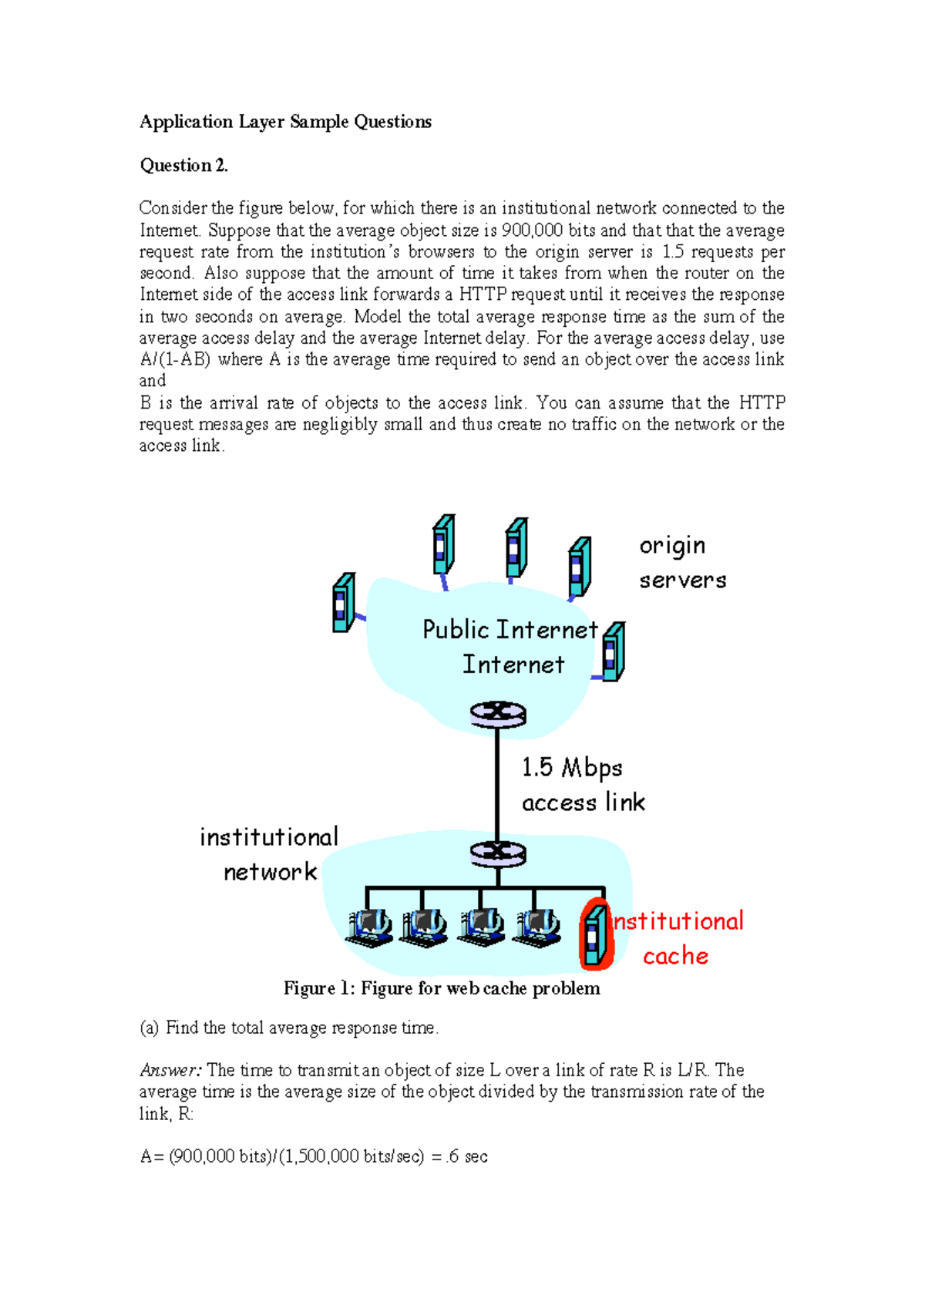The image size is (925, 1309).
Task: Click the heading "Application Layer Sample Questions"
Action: [x=285, y=122]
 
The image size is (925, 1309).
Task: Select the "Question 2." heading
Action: [x=183, y=165]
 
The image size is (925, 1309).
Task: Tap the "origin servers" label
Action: [x=682, y=562]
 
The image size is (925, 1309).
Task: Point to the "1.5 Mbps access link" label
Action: [x=583, y=785]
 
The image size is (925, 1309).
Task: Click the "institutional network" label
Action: [x=269, y=854]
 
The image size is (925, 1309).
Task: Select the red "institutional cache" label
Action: [x=677, y=938]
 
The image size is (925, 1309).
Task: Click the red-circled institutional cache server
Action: [x=594, y=934]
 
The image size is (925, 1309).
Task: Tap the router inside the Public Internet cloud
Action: [x=498, y=714]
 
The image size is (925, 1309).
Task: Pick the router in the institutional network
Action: [x=498, y=853]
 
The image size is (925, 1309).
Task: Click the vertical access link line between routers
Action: [x=497, y=782]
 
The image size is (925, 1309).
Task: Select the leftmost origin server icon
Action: [x=343, y=603]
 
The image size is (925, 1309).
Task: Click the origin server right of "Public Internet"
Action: [x=613, y=652]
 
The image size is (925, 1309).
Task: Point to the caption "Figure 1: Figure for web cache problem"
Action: [x=442, y=988]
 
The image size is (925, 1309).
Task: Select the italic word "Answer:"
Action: [x=170, y=1070]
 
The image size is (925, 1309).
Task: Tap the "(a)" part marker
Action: [x=149, y=1028]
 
